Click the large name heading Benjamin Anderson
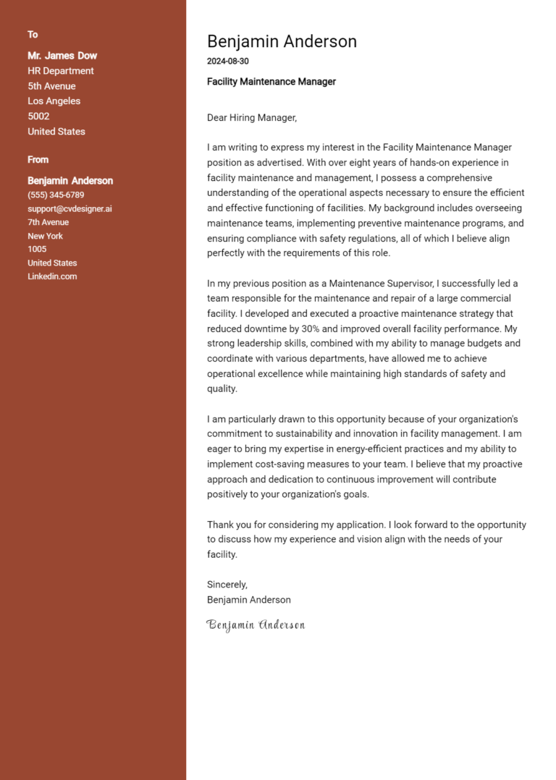coord(282,41)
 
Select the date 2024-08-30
coord(227,62)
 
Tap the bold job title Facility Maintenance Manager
coord(271,82)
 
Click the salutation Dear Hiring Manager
coord(252,117)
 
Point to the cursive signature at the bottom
coord(256,624)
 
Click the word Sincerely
coord(227,585)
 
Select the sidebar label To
coord(33,35)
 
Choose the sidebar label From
coord(38,160)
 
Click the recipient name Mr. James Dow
coord(62,56)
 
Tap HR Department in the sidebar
coord(61,71)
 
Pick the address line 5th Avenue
coord(51,86)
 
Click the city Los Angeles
coord(54,101)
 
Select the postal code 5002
coord(38,116)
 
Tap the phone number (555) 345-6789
coord(56,195)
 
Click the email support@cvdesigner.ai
coord(69,209)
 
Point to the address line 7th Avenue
coord(49,222)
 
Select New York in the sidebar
coord(45,236)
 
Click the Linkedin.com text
coord(52,276)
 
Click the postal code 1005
coord(37,250)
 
